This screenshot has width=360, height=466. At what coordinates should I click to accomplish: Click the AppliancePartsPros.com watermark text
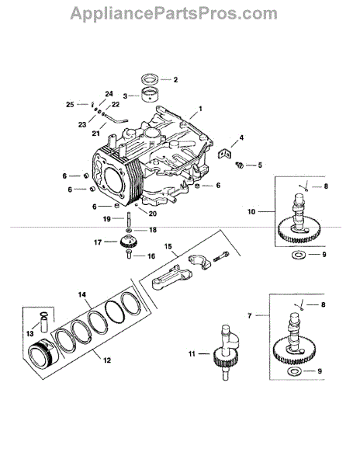[174, 14]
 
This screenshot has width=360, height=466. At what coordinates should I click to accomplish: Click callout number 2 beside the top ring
[175, 80]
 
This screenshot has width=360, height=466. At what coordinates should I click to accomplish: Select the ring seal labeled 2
[150, 80]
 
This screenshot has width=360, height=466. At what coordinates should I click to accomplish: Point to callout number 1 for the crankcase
[200, 109]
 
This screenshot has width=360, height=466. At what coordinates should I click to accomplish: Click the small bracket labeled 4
[224, 153]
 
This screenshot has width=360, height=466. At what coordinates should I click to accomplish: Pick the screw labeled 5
[239, 165]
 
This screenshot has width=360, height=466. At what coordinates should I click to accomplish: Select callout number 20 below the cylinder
[152, 214]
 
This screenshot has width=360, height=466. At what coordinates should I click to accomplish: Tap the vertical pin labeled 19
[130, 219]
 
